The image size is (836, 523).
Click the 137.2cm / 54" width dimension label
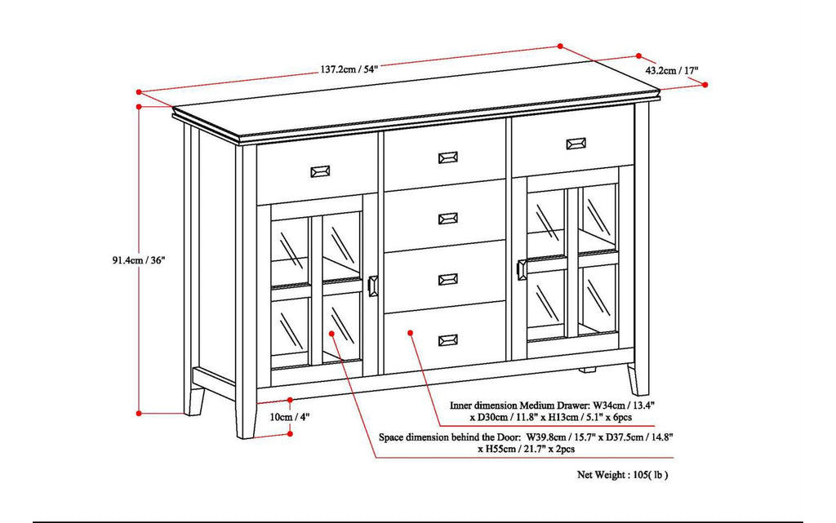pos(349,69)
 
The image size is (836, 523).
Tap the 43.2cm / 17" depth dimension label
pos(672,71)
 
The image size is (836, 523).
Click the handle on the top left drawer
pos(319,171)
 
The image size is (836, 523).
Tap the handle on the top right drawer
pos(576,144)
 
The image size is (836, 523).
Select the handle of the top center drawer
pos(447,157)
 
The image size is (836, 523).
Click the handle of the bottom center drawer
pos(447,340)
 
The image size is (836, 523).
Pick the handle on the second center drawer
pos(447,218)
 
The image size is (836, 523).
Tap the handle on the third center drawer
pos(447,279)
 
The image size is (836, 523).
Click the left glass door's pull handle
pos(373,286)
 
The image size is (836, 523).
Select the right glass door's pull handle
pos(522,270)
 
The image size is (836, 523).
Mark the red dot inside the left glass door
pos(331,333)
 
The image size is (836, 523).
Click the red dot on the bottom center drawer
pos(410,333)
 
